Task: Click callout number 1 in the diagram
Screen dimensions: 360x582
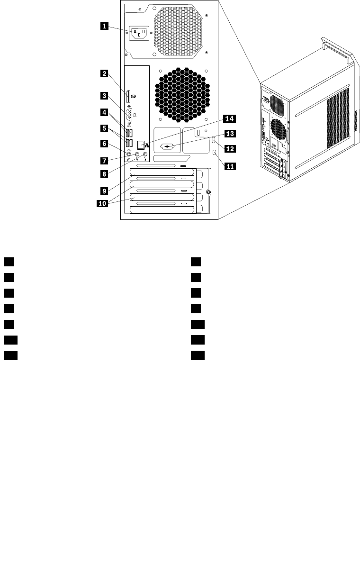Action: (x=103, y=27)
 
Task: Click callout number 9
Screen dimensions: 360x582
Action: (x=103, y=191)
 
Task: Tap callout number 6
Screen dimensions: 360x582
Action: (x=103, y=143)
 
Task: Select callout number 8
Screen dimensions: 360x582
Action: (x=103, y=174)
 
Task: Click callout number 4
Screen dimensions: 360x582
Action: (x=103, y=112)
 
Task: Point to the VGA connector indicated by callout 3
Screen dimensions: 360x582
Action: (x=130, y=114)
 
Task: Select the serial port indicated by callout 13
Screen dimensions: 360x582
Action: (x=168, y=146)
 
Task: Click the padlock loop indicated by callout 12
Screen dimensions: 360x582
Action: (x=214, y=141)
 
